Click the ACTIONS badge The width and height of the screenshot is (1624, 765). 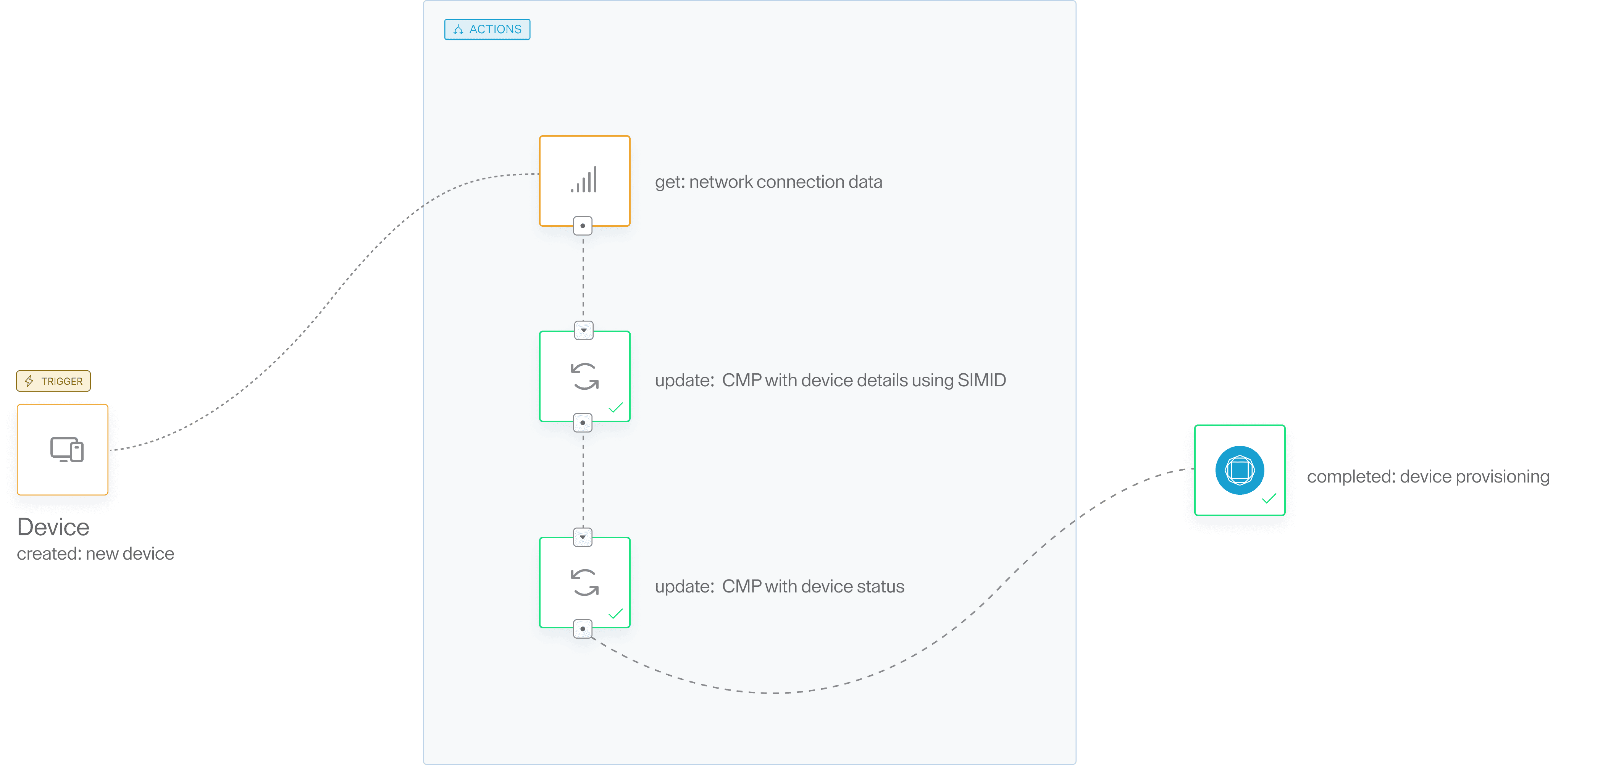coord(488,29)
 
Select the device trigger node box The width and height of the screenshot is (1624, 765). coord(62,449)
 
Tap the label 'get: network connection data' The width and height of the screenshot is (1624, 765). coord(768,181)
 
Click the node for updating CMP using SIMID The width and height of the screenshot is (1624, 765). coord(584,376)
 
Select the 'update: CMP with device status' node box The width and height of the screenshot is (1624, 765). coord(584,582)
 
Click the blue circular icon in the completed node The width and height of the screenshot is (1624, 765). coord(1240,470)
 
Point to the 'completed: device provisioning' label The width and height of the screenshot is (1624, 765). coord(1428,476)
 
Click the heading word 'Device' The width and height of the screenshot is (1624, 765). coord(53,527)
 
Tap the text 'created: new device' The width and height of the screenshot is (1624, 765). coord(95,553)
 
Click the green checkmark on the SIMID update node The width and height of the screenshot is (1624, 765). coord(615,408)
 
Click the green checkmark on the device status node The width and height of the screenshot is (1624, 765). coord(615,614)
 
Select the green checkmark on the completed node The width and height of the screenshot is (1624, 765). coord(1269,499)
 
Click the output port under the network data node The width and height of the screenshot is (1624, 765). coord(583,226)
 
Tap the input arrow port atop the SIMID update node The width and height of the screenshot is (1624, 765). coord(584,330)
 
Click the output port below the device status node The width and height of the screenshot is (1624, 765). coord(583,629)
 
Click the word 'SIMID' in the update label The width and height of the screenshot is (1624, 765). coord(982,380)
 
